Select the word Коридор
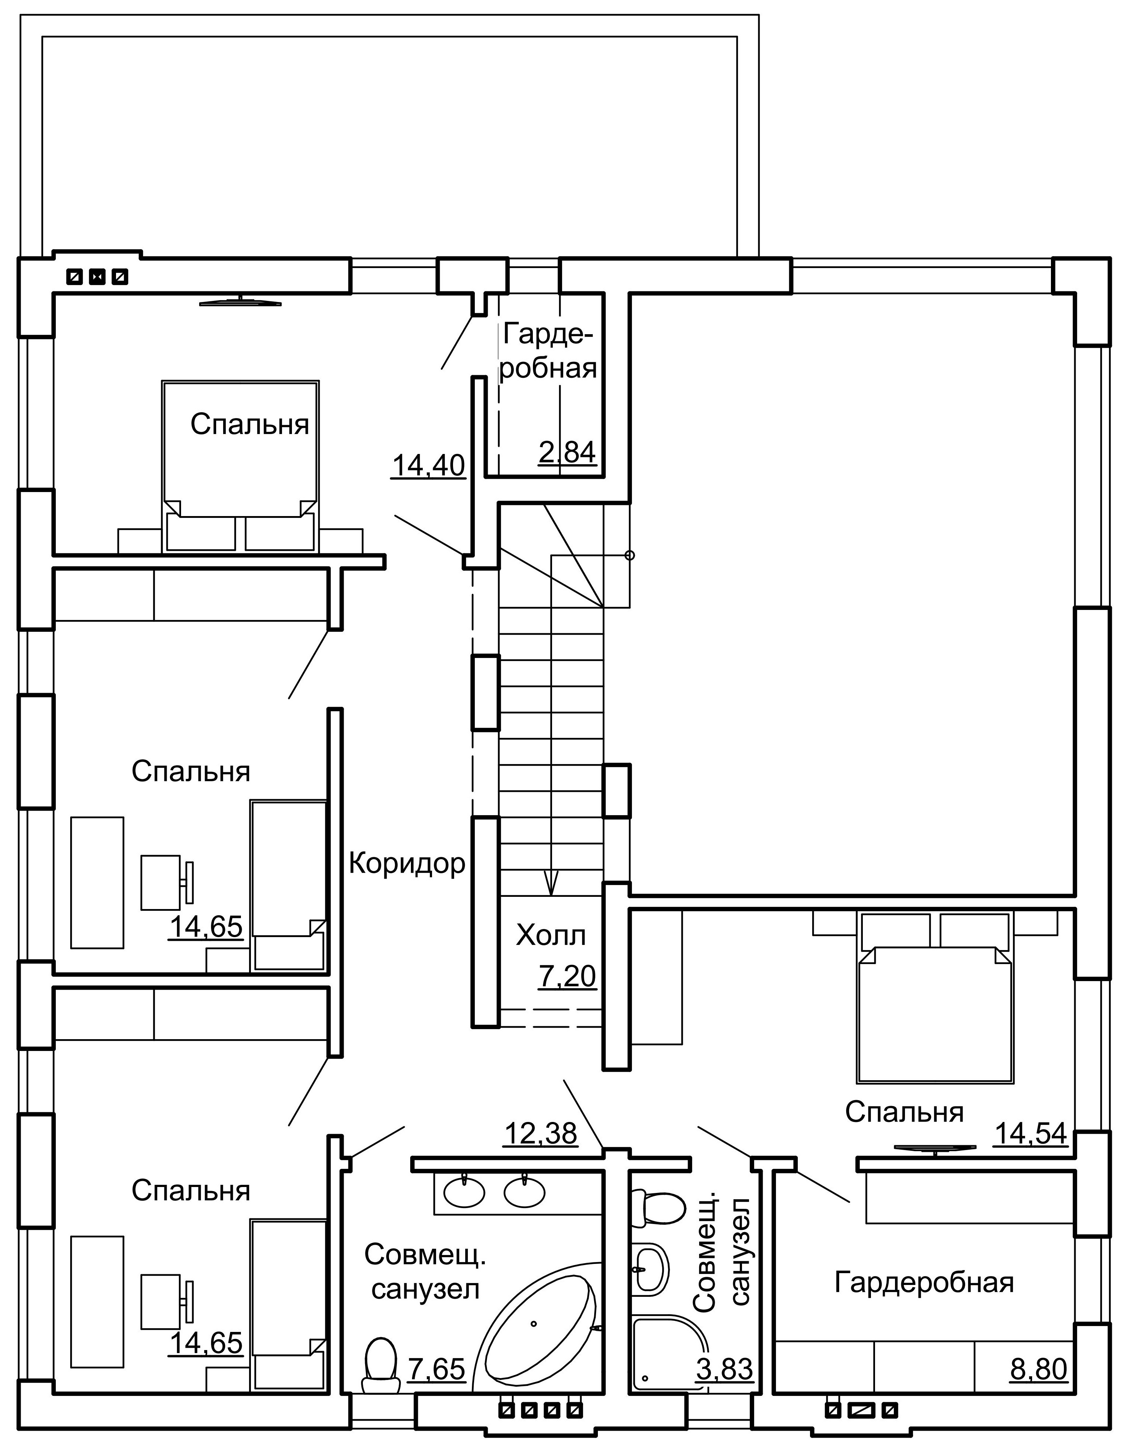407,863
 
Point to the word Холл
551,936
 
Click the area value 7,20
567,977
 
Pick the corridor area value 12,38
541,1134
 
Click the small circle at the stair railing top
630,555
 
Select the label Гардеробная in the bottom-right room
924,1282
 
